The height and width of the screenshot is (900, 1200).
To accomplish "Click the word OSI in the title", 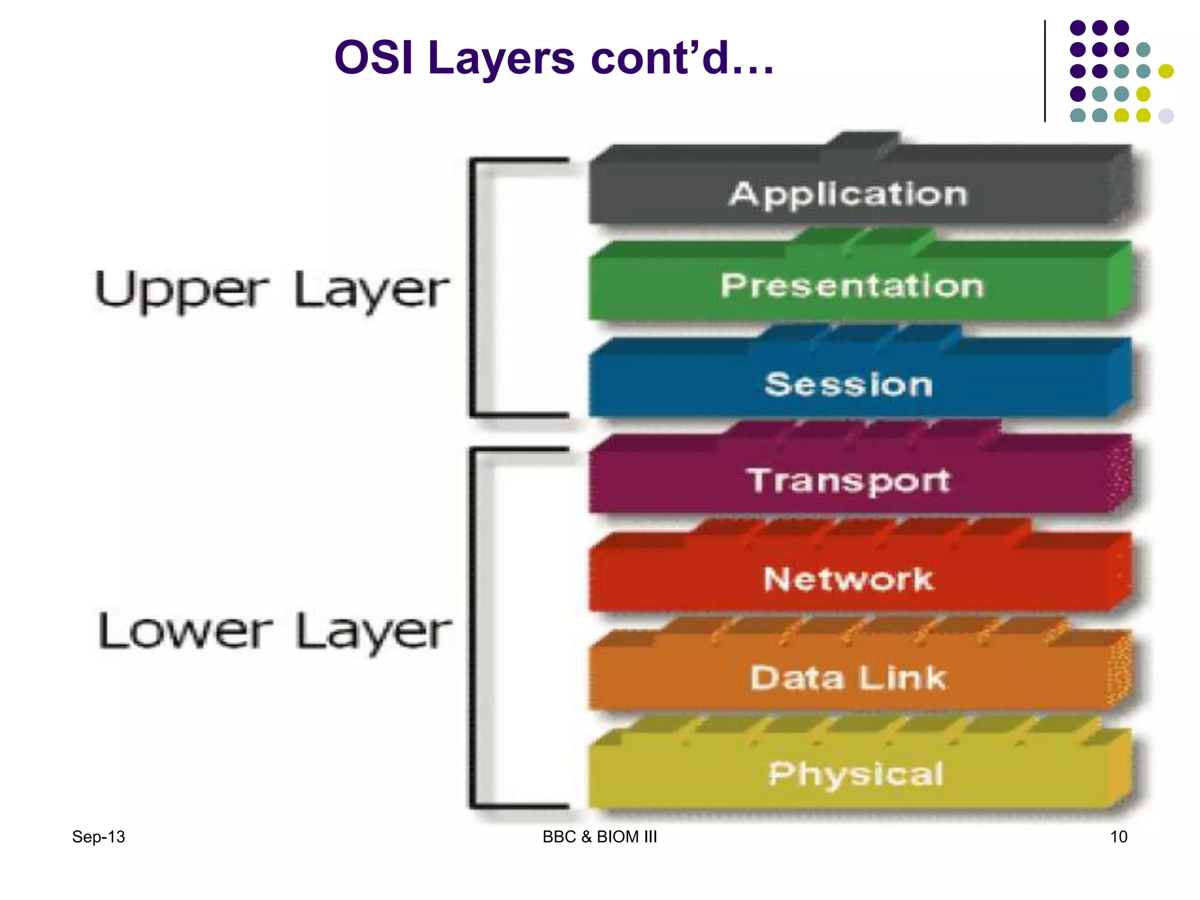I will click(x=373, y=58).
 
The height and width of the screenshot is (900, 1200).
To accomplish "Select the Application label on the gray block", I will click(x=848, y=195).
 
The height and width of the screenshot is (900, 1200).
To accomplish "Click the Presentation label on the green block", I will click(x=852, y=286).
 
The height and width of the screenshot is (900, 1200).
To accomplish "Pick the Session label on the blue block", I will click(x=848, y=384).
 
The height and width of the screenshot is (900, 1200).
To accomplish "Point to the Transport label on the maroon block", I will click(x=848, y=480).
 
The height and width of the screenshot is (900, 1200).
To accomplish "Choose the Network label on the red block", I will click(x=848, y=579).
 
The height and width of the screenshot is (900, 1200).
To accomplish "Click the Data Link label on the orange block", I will click(x=848, y=678).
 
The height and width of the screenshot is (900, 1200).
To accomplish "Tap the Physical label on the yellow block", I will click(x=855, y=774).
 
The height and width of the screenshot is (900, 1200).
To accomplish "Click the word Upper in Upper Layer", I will click(x=182, y=291).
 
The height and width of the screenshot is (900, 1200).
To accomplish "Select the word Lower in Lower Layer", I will click(x=185, y=632).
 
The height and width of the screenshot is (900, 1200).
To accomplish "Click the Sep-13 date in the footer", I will click(x=98, y=837).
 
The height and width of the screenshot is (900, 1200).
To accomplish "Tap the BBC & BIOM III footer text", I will click(x=599, y=837).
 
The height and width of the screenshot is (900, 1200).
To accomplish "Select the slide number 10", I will click(x=1118, y=837).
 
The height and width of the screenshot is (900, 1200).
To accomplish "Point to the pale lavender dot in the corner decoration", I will click(x=1166, y=115).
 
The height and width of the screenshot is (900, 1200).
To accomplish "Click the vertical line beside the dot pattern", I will click(x=1045, y=71).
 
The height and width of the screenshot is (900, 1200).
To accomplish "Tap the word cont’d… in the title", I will click(x=683, y=58).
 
